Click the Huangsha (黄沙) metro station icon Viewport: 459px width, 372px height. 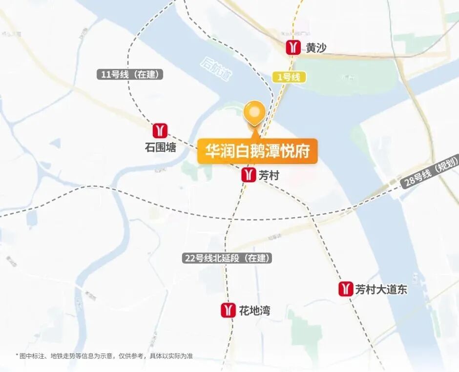tap(293, 47)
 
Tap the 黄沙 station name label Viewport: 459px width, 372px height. tap(316, 48)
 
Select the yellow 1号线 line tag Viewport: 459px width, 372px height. tap(288, 77)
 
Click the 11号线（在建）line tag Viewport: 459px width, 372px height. tap(129, 75)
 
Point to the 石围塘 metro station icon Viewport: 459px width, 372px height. tap(160, 131)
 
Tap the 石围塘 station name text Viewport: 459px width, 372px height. tap(160, 147)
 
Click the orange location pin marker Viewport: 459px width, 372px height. tap(254, 113)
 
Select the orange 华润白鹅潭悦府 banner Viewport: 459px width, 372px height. tap(257, 151)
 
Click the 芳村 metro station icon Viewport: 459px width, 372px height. tap(249, 175)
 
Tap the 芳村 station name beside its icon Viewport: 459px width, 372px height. tap(269, 175)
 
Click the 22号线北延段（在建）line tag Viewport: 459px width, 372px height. tap(227, 258)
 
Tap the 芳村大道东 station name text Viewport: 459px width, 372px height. tap(381, 289)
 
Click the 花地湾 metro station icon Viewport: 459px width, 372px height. tap(228, 310)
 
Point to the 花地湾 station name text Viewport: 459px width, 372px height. tap(254, 310)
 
